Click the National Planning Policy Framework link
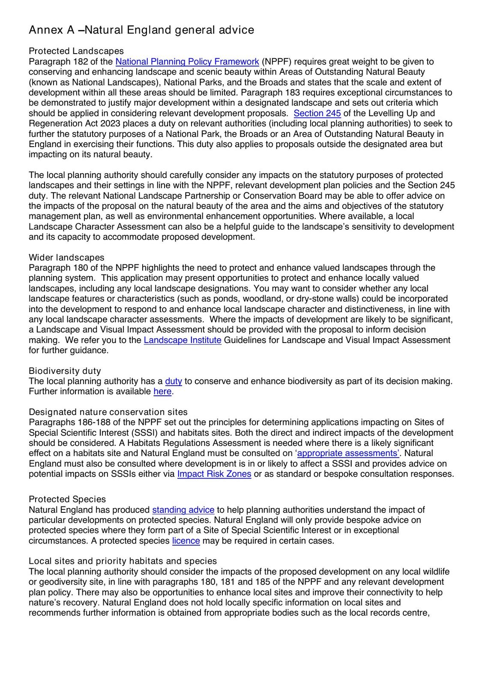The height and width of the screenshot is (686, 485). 187,62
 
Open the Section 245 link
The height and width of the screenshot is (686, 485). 317,113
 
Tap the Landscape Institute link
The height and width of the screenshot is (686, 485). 183,340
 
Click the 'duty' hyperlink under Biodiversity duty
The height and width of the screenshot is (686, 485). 174,381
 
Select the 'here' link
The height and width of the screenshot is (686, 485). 162,391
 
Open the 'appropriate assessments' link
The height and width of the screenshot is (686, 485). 347,453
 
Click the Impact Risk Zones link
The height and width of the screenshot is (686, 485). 214,474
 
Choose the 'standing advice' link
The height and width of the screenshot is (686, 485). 183,510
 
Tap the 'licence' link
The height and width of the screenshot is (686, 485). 186,541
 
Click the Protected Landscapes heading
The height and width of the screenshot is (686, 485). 76,51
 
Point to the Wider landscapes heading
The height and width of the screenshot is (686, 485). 66,257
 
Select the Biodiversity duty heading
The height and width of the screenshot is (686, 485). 65,371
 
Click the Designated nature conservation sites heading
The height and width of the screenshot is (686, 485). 108,412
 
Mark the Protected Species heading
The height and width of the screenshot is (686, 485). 67,499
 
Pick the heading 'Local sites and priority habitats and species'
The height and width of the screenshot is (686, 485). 123,561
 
